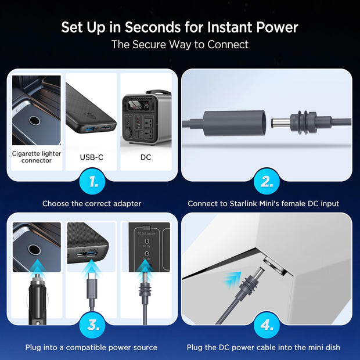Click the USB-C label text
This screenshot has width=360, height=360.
pyautogui.click(x=91, y=157)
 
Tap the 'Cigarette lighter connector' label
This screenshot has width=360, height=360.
pyautogui.click(x=36, y=157)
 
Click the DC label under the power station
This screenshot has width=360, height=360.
pyautogui.click(x=145, y=157)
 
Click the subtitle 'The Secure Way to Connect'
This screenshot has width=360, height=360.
pyautogui.click(x=180, y=44)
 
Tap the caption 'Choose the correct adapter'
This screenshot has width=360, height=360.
pyautogui.click(x=91, y=204)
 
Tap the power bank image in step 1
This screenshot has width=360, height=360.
pyautogui.click(x=91, y=110)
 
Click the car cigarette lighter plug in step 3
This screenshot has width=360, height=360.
pyautogui.click(x=36, y=296)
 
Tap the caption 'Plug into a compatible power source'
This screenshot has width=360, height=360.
pyautogui.click(x=91, y=347)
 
